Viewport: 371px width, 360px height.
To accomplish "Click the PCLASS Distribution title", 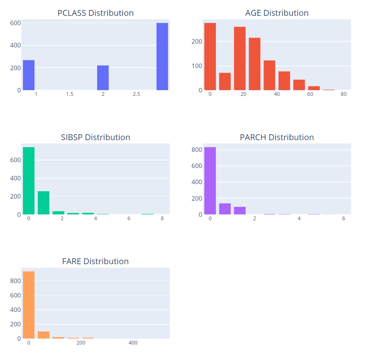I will tap(95, 13).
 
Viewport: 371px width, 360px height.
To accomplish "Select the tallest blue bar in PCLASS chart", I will tap(162, 56).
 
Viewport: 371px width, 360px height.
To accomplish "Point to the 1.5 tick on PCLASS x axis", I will tap(70, 94).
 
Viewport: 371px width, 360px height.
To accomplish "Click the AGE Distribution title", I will tap(277, 13).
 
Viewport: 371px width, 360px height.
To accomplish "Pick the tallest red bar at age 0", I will tap(210, 56).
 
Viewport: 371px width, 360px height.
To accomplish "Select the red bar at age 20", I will tap(240, 58).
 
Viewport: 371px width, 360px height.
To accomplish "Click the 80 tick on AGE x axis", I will tap(344, 94).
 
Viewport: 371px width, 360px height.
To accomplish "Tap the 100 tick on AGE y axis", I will tap(198, 66).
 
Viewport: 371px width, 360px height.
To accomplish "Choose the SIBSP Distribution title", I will tap(95, 137).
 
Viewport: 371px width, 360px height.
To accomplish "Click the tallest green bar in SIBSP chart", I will tap(29, 181).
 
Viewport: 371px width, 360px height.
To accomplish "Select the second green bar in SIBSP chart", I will tap(44, 203).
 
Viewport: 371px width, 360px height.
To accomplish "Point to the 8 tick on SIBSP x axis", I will tap(162, 218).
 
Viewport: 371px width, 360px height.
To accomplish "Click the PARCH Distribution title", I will tap(277, 137).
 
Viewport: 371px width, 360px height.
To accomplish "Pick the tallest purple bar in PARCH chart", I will tap(210, 181).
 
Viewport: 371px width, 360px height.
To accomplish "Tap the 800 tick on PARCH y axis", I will tap(198, 150).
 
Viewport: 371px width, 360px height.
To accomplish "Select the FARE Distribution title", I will tap(95, 261).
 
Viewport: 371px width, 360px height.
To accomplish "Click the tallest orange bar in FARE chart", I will tap(29, 305).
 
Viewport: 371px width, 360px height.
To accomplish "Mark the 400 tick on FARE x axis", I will tap(133, 343).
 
